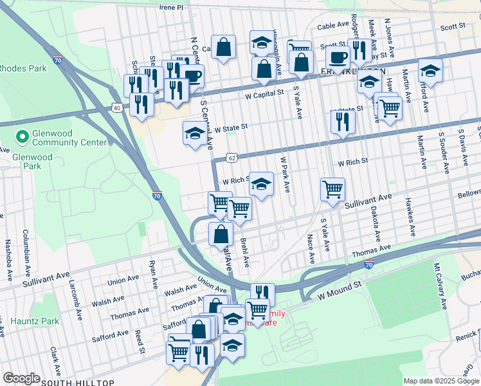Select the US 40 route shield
pyautogui.click(x=116, y=108)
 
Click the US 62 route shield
pyautogui.click(x=232, y=157)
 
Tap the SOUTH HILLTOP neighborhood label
pyautogui.click(x=77, y=382)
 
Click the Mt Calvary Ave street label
pyautogui.click(x=440, y=286)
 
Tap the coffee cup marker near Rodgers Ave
pyautogui.click(x=337, y=57)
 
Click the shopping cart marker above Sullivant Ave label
pyautogui.click(x=332, y=189)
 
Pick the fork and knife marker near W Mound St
pyautogui.click(x=262, y=294)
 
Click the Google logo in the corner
pyautogui.click(x=21, y=378)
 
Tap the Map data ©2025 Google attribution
pyautogui.click(x=440, y=381)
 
